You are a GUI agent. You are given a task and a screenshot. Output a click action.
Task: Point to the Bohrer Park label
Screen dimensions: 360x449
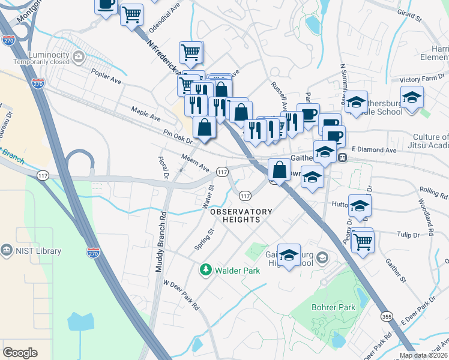tap(334, 308)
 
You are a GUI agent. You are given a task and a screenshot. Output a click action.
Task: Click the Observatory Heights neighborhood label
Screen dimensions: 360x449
tap(241, 216)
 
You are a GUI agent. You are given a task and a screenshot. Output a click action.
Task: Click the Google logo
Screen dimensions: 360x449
tap(20, 353)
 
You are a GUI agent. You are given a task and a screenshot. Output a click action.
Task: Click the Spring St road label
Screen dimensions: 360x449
tap(204, 239)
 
